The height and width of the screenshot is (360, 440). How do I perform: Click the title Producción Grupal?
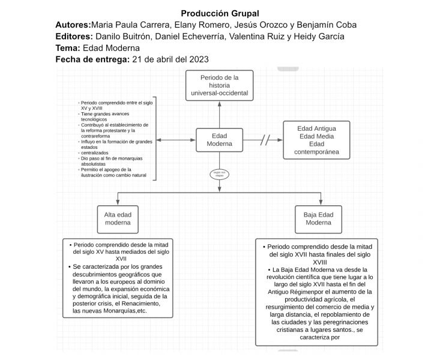[x=220, y=14]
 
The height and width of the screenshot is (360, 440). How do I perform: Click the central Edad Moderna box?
[x=219, y=140]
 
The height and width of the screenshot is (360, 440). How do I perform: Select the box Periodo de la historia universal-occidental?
[x=219, y=85]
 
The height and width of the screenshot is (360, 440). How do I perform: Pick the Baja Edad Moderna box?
[x=318, y=218]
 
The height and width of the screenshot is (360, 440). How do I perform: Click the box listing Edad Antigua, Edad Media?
[x=316, y=140]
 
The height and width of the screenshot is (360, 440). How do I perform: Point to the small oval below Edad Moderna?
[x=219, y=174]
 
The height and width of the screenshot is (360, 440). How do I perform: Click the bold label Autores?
[x=73, y=25]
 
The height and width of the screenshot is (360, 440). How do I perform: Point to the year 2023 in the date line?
[x=197, y=59]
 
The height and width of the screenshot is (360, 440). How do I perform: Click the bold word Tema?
[x=68, y=48]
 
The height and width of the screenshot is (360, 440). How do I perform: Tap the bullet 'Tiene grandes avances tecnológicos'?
[x=107, y=116]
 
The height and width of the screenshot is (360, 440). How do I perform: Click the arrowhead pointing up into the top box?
[x=219, y=103]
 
